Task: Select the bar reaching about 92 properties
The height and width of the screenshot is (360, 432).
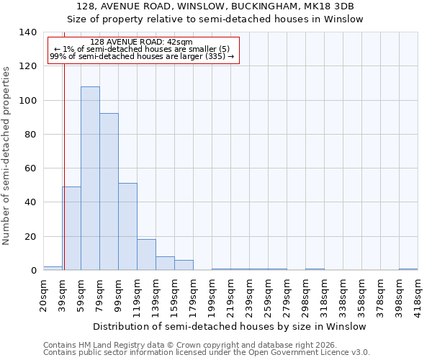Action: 109,192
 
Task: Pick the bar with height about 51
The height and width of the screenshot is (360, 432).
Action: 127,227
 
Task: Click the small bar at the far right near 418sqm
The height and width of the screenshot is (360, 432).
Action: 408,269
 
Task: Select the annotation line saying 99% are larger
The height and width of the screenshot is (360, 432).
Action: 142,56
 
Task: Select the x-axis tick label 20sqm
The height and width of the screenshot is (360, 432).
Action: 44,294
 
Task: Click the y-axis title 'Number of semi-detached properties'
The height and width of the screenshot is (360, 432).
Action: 6,156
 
